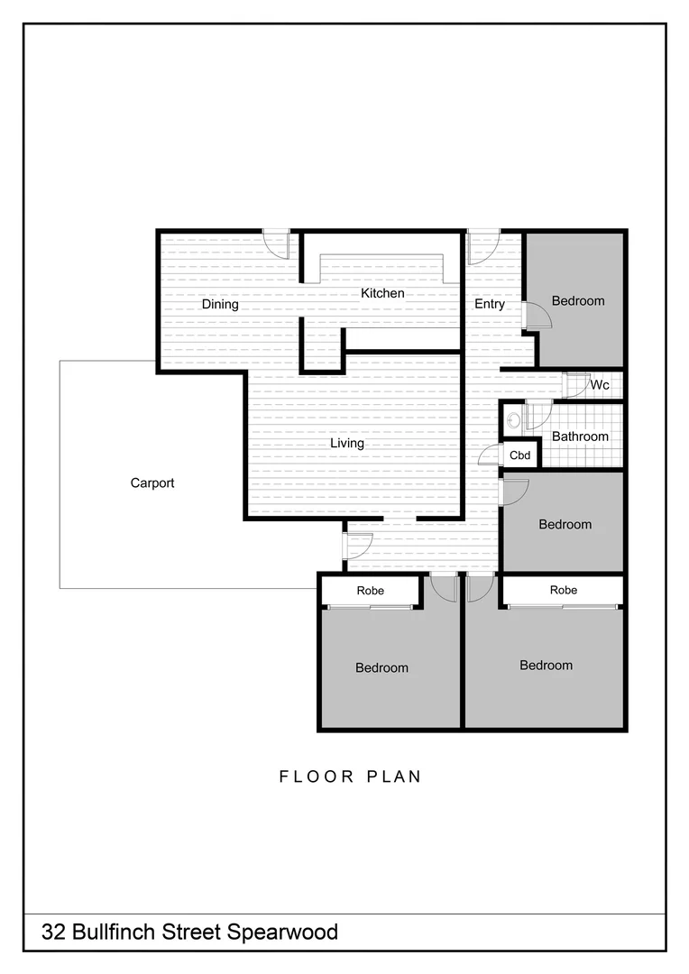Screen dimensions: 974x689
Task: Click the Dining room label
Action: (x=220, y=304)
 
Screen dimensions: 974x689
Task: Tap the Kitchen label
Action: (x=382, y=293)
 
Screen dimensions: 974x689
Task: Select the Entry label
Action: (x=490, y=304)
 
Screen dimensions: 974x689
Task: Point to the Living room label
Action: (x=346, y=443)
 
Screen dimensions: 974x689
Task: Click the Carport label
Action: (x=152, y=482)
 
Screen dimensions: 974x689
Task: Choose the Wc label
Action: (x=600, y=385)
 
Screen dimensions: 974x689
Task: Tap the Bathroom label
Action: (x=580, y=436)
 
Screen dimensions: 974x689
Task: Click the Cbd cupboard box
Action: (x=520, y=455)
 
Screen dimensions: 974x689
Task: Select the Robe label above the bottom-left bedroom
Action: (x=370, y=591)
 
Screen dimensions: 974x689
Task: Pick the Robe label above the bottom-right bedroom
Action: (x=564, y=590)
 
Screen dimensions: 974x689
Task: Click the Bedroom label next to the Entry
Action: (x=578, y=300)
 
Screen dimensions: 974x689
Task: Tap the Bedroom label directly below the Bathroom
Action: (x=565, y=524)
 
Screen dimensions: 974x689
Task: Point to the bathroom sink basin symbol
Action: (x=513, y=419)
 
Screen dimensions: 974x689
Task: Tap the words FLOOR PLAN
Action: (x=350, y=776)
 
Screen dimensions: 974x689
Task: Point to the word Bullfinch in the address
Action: (x=116, y=932)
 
